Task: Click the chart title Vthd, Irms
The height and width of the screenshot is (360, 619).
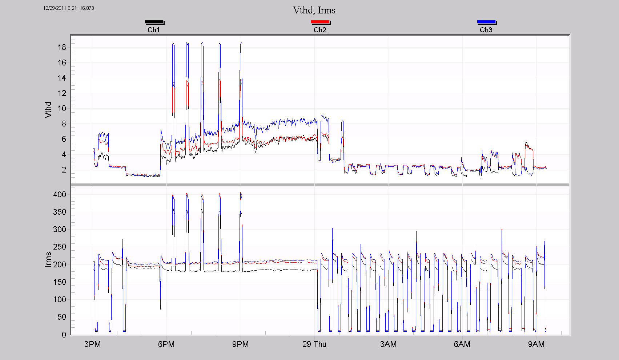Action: [x=314, y=10]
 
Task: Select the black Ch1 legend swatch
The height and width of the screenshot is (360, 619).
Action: [x=154, y=22]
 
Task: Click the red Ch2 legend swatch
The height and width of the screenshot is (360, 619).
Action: [x=320, y=22]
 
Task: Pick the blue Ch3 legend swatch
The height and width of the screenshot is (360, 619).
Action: [x=486, y=22]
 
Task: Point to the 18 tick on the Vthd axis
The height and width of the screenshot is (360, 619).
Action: [x=62, y=47]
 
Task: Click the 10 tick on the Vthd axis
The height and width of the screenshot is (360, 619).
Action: [x=62, y=108]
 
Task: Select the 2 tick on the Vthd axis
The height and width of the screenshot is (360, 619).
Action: [x=64, y=170]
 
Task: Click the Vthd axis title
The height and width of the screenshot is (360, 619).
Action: [x=48, y=110]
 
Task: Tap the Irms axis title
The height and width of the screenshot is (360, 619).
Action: [x=48, y=259]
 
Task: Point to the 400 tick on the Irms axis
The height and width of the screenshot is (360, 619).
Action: [x=60, y=194]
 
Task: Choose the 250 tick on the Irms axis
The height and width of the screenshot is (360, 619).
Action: [x=60, y=247]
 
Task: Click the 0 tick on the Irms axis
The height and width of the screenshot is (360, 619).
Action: [x=64, y=335]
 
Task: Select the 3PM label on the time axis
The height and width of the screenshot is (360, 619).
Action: [x=93, y=344]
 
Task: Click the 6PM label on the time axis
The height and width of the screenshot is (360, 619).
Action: [x=166, y=344]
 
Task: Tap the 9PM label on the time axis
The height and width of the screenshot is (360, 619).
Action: [x=240, y=344]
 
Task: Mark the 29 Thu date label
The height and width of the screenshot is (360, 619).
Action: [x=314, y=344]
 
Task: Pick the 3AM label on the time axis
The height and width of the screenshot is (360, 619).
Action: [x=388, y=344]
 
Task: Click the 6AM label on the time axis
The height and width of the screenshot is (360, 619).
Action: [x=462, y=344]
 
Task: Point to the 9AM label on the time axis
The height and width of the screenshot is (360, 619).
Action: [x=536, y=344]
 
